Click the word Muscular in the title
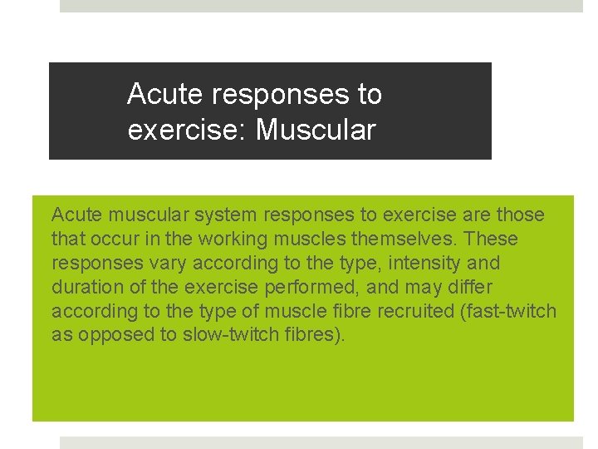[x=316, y=131]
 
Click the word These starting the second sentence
[x=491, y=239]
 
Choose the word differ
[x=470, y=288]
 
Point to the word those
[x=521, y=215]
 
